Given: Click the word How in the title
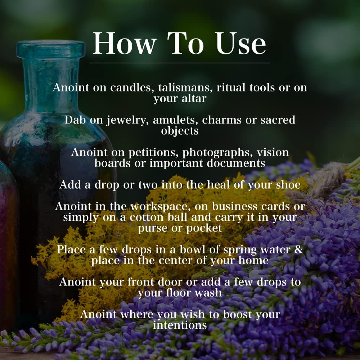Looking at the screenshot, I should (x=125, y=44).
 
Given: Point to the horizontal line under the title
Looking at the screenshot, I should (x=180, y=63).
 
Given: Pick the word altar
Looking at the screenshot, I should (x=194, y=98).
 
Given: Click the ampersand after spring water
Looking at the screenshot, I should (x=298, y=249).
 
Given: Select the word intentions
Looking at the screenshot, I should (x=180, y=325).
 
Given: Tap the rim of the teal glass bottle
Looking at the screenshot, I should (x=50, y=49).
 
